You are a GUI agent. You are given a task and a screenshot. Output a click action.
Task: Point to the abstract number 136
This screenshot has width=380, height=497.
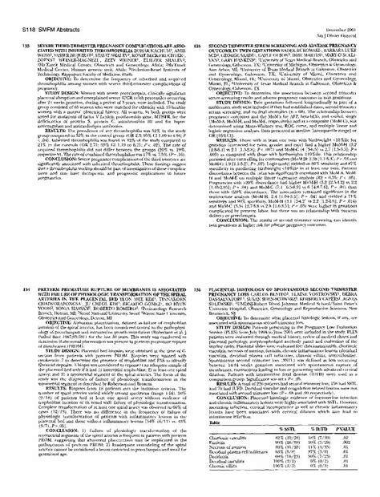tap(197, 251)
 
